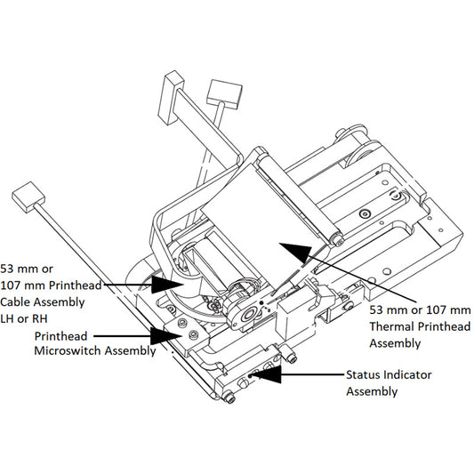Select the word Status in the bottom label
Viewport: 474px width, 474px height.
pos(365,375)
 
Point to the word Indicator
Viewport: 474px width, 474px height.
pos(408,375)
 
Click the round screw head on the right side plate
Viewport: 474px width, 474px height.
pos(365,214)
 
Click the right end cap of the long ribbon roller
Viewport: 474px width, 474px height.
pos(336,238)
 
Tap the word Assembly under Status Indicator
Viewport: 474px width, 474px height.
pos(372,391)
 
